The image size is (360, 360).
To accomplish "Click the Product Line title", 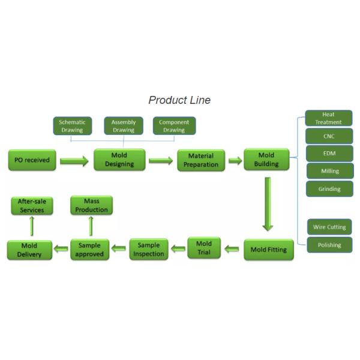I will pyautogui.click(x=179, y=100).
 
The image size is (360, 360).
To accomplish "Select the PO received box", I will pyautogui.click(x=32, y=160).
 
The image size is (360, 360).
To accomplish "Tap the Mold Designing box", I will pyautogui.click(x=119, y=160).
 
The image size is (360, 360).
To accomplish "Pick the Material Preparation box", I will pyautogui.click(x=201, y=160).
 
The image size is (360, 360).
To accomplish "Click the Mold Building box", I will pyautogui.click(x=266, y=160).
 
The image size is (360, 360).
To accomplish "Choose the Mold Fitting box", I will pyautogui.click(x=268, y=249).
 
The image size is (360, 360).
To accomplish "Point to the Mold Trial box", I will pyautogui.click(x=204, y=248).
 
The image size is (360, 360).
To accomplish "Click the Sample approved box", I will pyautogui.click(x=90, y=250).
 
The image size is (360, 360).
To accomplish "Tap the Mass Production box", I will pyautogui.click(x=91, y=206).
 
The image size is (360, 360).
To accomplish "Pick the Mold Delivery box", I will pyautogui.click(x=29, y=250).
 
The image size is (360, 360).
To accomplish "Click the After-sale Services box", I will pyautogui.click(x=32, y=206).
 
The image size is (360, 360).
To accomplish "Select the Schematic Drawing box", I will pyautogui.click(x=72, y=126).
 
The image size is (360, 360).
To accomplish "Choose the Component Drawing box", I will pyautogui.click(x=173, y=126).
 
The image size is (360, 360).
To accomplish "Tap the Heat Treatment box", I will pyautogui.click(x=328, y=118).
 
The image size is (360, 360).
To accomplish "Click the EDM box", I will pyautogui.click(x=329, y=154).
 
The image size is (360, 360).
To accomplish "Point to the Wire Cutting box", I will pyautogui.click(x=329, y=227).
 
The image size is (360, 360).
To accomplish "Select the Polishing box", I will pyautogui.click(x=329, y=245).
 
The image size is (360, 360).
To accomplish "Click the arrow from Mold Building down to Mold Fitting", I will pyautogui.click(x=268, y=205).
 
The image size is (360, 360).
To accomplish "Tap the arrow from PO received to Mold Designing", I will pyautogui.click(x=74, y=161).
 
